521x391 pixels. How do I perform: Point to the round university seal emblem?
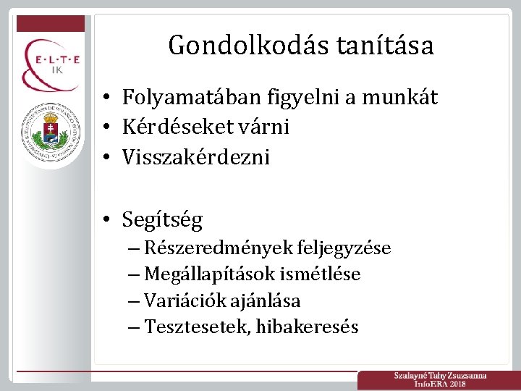(x=51, y=127)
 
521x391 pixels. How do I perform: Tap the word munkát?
(x=407, y=98)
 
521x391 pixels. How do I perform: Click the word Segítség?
(x=163, y=219)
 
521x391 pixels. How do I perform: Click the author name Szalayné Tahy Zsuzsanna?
(x=440, y=376)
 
